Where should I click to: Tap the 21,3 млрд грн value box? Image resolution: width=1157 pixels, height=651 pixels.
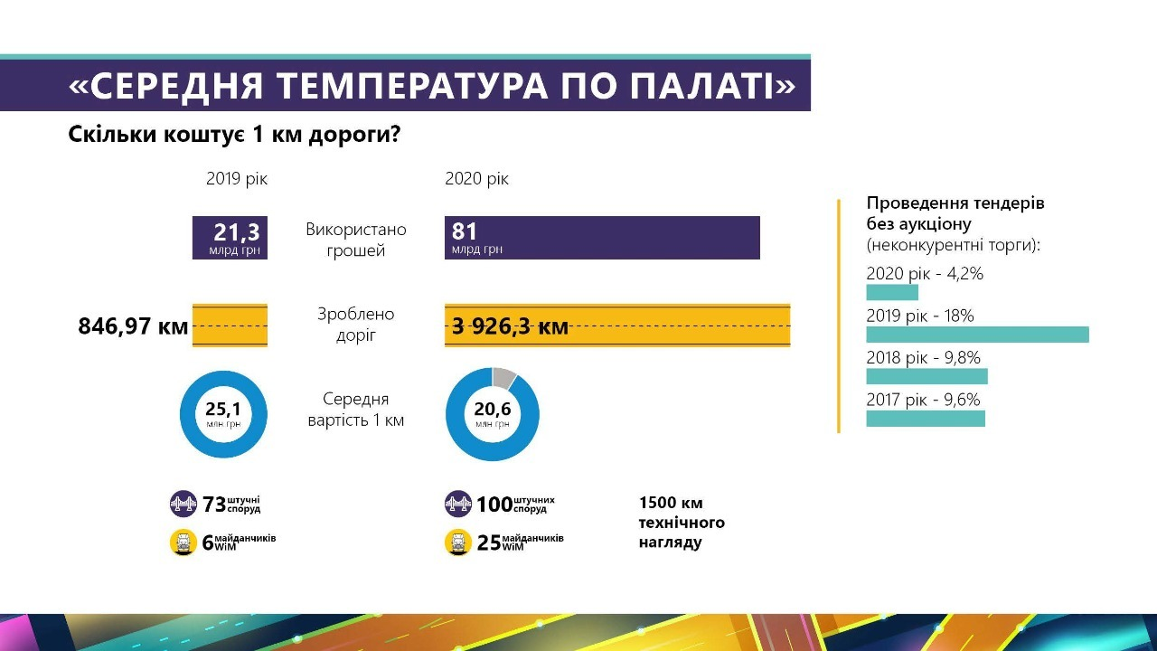tap(230, 238)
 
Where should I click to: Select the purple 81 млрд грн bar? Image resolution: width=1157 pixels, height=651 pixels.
tap(602, 238)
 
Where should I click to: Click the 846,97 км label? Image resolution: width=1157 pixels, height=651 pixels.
tap(134, 326)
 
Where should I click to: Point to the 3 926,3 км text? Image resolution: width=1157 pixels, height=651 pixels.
tap(510, 326)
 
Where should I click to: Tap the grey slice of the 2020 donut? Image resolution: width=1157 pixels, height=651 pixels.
tap(505, 377)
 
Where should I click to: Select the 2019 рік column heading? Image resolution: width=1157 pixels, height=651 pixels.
tap(237, 179)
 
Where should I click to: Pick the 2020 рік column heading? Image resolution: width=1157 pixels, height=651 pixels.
tap(476, 179)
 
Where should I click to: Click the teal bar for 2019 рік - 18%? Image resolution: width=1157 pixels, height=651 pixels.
tap(977, 335)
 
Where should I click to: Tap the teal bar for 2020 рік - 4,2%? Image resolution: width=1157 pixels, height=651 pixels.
tap(892, 292)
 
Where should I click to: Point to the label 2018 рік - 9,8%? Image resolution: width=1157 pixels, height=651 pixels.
tap(923, 358)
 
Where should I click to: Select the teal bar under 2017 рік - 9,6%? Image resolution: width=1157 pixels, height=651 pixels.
tap(926, 419)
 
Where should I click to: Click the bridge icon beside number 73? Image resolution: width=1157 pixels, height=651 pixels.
tap(183, 504)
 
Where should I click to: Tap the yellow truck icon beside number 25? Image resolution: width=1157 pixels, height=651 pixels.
tap(458, 542)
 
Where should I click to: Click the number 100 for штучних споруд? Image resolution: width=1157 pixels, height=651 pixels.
tap(494, 505)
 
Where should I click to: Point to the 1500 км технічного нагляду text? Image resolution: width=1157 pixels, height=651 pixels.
tap(682, 523)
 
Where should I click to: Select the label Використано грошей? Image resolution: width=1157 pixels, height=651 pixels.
tap(356, 240)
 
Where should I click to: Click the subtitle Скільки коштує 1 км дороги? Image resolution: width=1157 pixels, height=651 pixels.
tap(235, 135)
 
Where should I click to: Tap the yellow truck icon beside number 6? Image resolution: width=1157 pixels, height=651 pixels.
tap(183, 542)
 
